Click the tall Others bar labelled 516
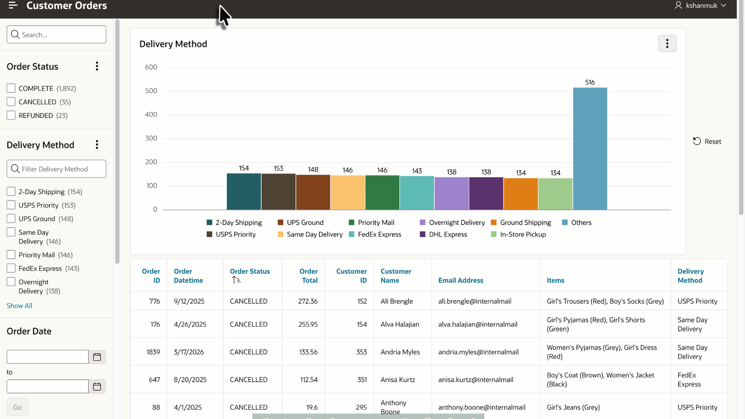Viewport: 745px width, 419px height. tap(590, 149)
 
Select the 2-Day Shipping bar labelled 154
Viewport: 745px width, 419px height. tap(244, 192)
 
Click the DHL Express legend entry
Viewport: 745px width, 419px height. tap(444, 234)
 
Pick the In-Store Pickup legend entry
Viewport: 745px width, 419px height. tap(518, 234)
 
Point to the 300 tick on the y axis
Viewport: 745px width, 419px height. tap(151, 138)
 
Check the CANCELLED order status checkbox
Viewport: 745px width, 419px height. tap(11, 102)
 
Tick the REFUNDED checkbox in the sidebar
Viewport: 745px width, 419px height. tap(11, 115)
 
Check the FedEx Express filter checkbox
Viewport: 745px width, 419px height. tap(11, 268)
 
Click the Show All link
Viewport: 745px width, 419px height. tap(19, 306)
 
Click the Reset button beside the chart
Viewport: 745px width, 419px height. tap(707, 142)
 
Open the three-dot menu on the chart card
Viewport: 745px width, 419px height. tap(667, 43)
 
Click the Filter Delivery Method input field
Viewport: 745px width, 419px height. tap(56, 169)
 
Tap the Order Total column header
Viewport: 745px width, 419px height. tap(308, 276)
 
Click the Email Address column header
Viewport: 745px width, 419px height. tap(461, 280)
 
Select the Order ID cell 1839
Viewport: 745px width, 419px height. tap(153, 352)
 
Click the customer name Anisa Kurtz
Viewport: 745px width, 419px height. tap(398, 380)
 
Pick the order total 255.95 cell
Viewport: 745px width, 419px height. tap(308, 324)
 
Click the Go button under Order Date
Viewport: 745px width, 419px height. tap(17, 407)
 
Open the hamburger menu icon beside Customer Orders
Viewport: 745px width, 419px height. tap(13, 5)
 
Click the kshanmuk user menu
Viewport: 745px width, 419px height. tap(701, 5)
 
